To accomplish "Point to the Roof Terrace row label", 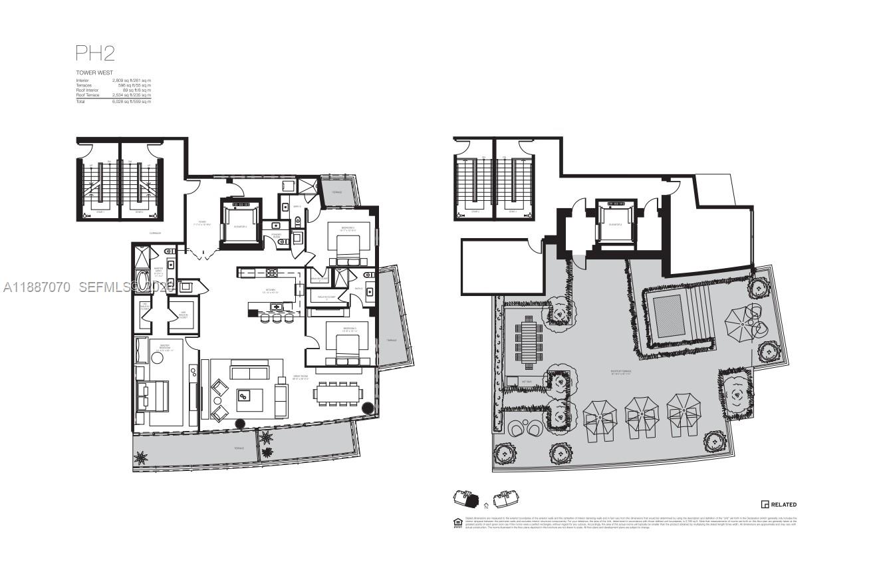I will [88, 95].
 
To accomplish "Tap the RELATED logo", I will [779, 505].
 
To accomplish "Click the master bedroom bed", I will [148, 396].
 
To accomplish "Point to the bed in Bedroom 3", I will [344, 347].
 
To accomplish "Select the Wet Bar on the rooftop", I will [513, 381].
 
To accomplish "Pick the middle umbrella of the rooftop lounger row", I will [641, 412].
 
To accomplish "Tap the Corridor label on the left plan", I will [157, 233].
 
